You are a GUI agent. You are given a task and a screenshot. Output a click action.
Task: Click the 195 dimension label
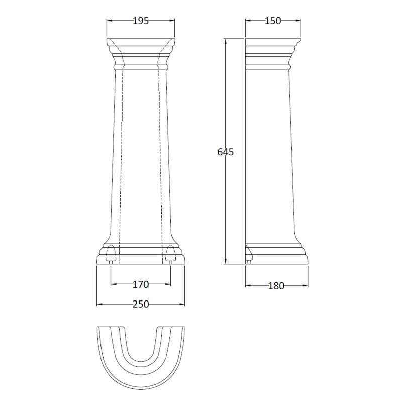tap(141, 21)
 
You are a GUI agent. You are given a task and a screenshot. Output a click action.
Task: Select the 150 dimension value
tap(273, 21)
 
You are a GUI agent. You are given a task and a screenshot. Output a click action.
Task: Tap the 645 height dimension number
tap(226, 152)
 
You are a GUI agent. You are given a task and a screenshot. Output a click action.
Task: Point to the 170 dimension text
tap(141, 284)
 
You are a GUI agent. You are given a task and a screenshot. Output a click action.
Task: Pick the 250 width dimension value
tap(141, 304)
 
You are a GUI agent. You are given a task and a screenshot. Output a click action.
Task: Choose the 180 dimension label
tap(276, 286)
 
